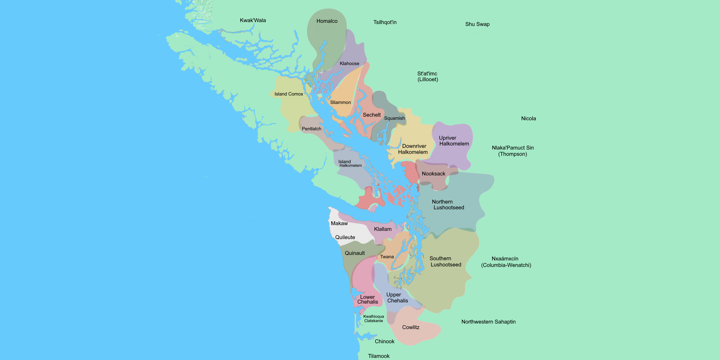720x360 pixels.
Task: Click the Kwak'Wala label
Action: click(253, 20)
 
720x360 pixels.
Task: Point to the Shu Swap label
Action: click(477, 24)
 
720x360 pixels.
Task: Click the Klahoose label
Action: click(349, 63)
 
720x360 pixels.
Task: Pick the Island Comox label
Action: click(288, 94)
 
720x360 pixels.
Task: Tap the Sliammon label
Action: click(340, 102)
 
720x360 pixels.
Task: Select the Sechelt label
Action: click(372, 115)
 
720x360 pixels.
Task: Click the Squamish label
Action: click(394, 118)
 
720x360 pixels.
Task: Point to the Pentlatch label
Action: click(311, 129)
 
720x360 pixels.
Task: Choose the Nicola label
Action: click(528, 119)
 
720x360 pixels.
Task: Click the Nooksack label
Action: click(433, 174)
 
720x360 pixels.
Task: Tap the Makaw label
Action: click(339, 223)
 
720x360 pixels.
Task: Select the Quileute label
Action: click(345, 237)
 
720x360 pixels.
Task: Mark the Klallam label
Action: click(382, 229)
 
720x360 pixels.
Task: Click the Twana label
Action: click(387, 257)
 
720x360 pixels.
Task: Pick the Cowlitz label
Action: click(410, 327)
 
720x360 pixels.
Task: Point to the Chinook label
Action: click(384, 341)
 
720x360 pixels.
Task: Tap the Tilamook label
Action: click(378, 356)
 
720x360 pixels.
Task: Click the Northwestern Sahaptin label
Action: click(488, 322)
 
